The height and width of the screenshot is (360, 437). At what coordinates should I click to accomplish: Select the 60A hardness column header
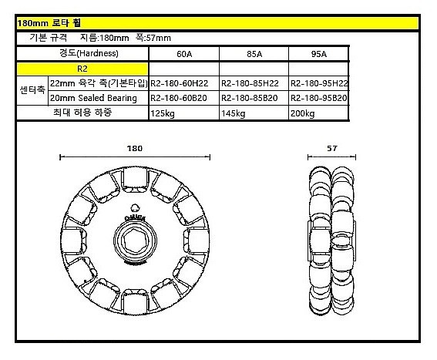pos(183,54)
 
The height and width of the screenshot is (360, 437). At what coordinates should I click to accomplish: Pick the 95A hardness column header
pos(319,54)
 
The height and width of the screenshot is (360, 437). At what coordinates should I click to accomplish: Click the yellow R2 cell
pos(82,69)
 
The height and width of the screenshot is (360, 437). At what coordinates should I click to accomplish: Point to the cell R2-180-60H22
pos(183,83)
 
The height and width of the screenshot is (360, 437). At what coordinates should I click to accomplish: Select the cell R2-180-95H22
pos(319,83)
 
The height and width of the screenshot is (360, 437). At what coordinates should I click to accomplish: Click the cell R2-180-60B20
pos(183,98)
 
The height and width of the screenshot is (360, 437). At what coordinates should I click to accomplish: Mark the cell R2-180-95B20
pos(319,98)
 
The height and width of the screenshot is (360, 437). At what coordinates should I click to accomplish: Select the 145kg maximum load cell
pos(233,113)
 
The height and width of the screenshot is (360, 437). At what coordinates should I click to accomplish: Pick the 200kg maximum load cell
pos(303,113)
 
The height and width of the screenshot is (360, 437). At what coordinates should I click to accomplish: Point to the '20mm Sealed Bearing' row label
pos(92,98)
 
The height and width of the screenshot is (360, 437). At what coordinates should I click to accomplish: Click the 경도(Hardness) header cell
pos(82,54)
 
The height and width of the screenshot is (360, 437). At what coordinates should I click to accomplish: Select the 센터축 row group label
pos(32,90)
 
